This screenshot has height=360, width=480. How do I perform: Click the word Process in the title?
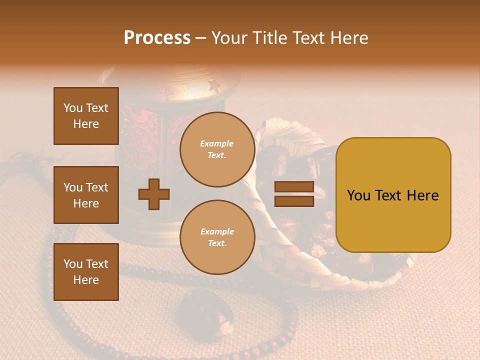(157, 38)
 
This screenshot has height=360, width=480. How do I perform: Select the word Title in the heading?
(270, 38)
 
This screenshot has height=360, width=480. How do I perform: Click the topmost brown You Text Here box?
(86, 116)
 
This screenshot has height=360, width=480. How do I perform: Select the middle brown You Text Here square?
(86, 195)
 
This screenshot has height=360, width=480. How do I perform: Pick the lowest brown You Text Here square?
(86, 271)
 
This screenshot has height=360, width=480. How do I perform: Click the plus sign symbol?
(154, 194)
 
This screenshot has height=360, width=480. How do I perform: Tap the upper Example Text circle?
(217, 149)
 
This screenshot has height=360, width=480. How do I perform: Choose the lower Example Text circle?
(217, 237)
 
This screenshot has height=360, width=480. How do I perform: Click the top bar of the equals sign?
(294, 187)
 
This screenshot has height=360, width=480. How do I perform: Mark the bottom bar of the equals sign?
(294, 201)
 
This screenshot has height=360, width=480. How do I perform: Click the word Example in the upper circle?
(217, 143)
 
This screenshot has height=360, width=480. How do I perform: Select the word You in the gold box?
(358, 195)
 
